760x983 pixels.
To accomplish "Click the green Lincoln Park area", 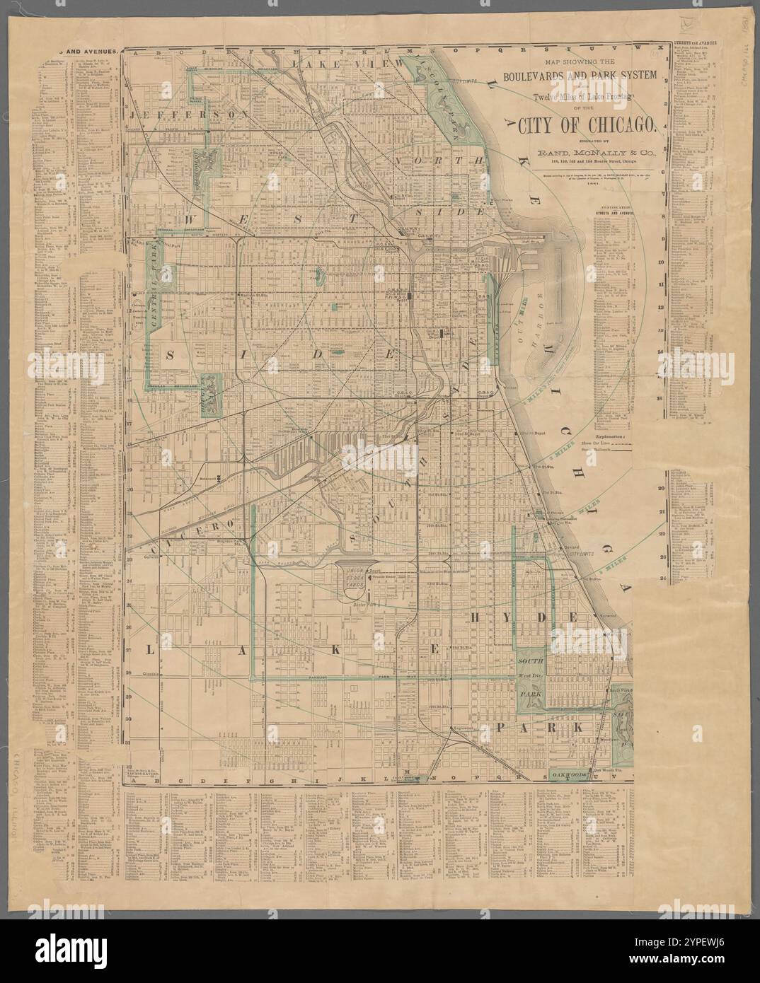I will (450, 113).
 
